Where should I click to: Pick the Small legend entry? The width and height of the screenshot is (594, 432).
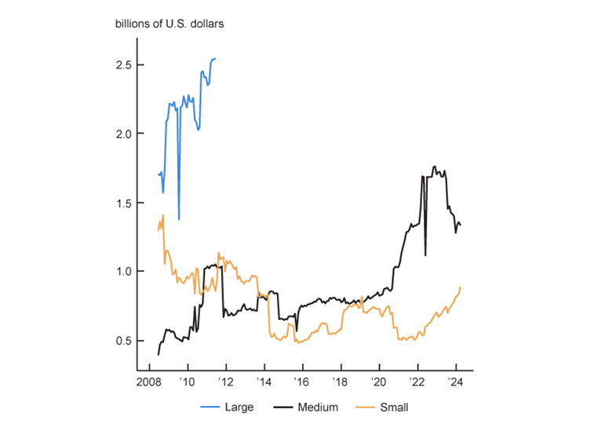[394, 407]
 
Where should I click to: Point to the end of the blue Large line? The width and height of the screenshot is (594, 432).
[216, 58]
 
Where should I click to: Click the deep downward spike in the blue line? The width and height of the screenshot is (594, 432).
[179, 218]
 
